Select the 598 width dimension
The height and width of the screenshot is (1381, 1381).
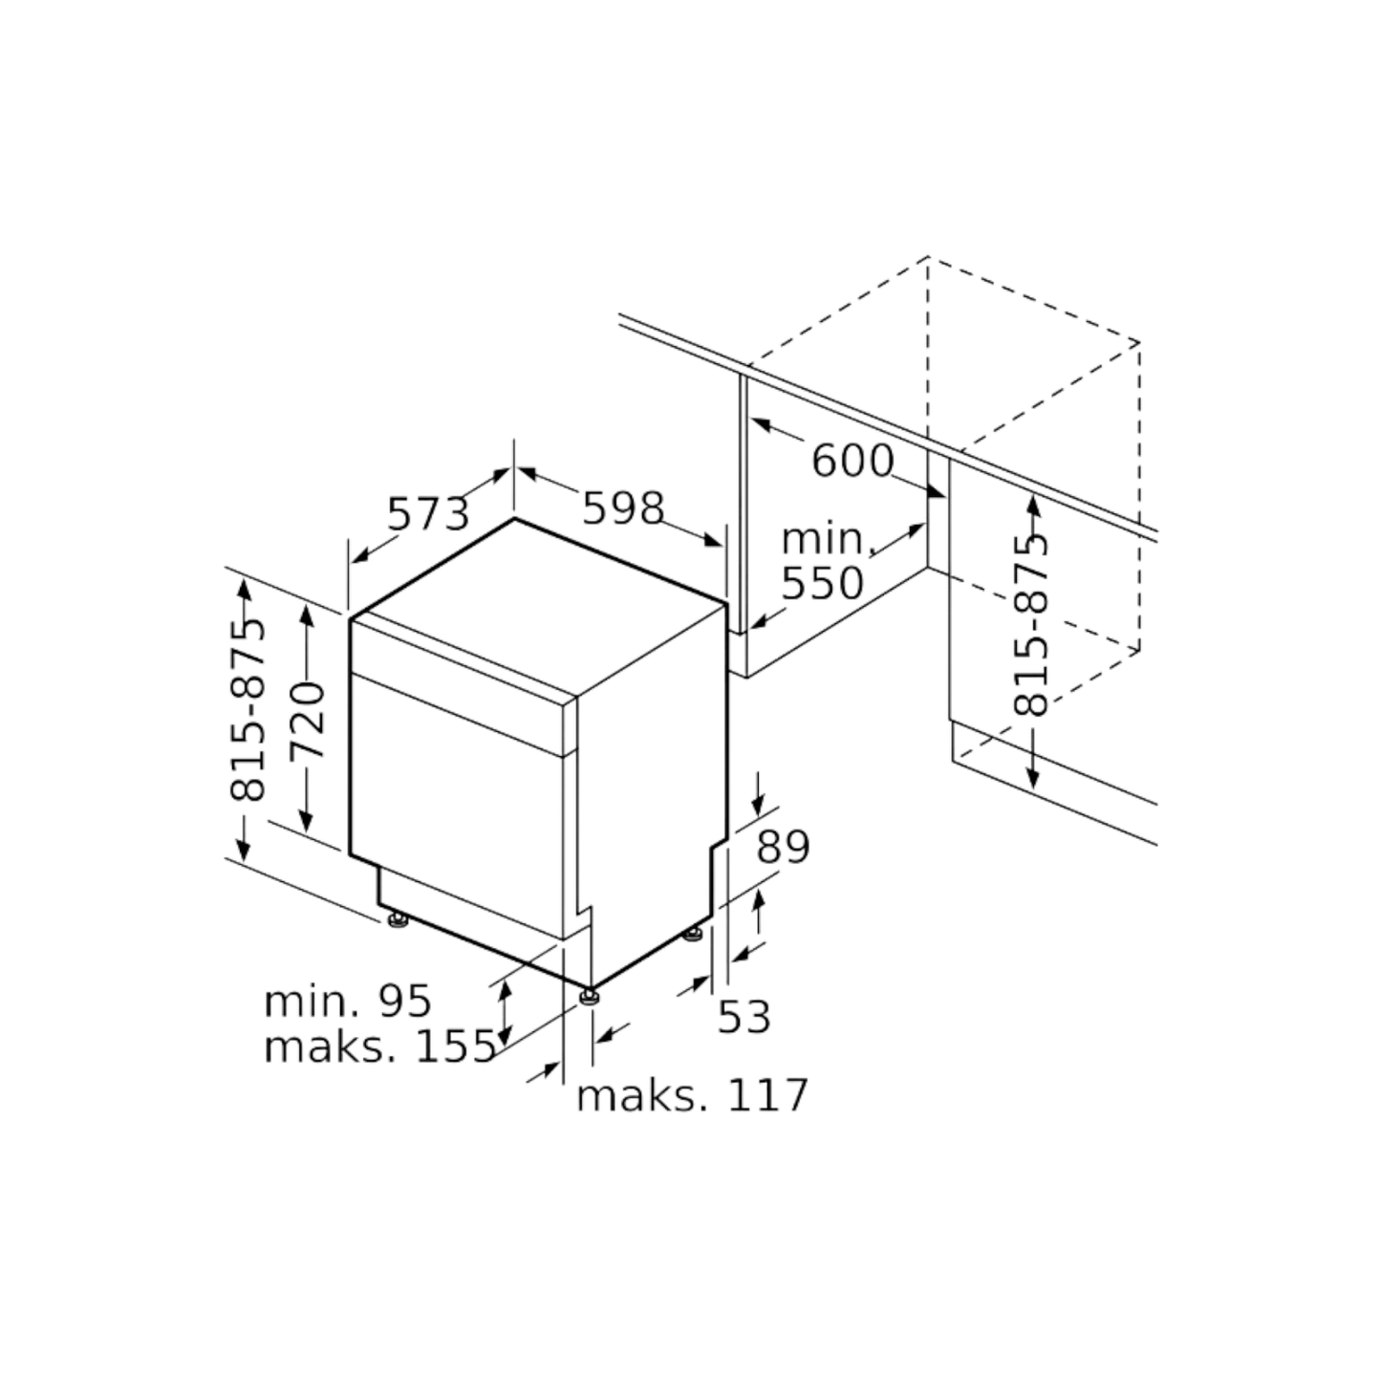(x=621, y=507)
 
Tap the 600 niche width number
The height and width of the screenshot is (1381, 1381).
(x=852, y=461)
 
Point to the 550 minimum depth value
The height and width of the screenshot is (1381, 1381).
(x=823, y=582)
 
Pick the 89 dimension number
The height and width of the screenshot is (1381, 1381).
(x=781, y=847)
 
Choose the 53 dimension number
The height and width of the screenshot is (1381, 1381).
(x=745, y=1017)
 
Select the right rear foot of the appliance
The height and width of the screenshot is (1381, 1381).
(x=695, y=929)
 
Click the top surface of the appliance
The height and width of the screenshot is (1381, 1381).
(x=540, y=602)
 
